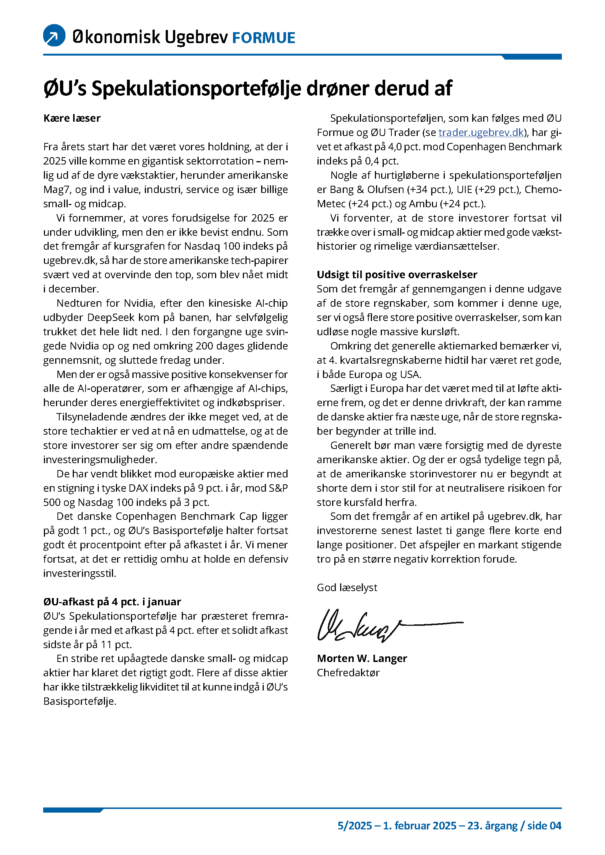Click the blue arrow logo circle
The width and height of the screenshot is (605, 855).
[x=55, y=35]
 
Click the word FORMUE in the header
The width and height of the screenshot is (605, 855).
[x=263, y=38]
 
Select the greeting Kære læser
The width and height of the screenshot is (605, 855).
[x=72, y=118]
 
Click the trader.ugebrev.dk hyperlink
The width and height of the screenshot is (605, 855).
[x=481, y=133]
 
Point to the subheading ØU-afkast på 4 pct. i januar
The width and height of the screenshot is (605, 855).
[x=112, y=602]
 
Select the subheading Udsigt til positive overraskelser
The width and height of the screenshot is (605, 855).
[x=397, y=275]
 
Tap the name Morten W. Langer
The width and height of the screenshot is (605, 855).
[x=362, y=659]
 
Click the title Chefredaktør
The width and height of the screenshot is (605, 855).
[x=348, y=673]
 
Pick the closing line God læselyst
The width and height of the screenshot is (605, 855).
[x=347, y=588]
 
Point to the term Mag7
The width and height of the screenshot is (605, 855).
[x=57, y=190]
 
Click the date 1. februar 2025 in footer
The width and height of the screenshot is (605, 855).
[x=420, y=826]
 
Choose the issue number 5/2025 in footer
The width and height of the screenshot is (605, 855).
[x=355, y=826]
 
